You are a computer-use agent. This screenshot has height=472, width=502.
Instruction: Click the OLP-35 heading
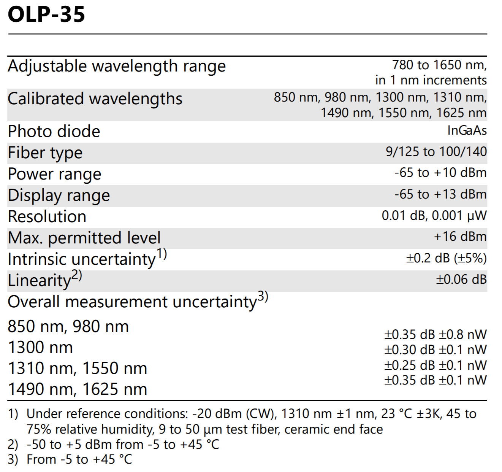pyautogui.click(x=46, y=14)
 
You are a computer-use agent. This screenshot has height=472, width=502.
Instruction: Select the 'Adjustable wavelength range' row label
pyautogui.click(x=117, y=67)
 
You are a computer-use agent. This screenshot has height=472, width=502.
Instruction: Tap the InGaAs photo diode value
pyautogui.click(x=467, y=130)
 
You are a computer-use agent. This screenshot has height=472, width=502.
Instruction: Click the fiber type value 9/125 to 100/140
pyautogui.click(x=436, y=152)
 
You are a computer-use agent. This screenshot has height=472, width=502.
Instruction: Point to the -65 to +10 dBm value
pyautogui.click(x=440, y=173)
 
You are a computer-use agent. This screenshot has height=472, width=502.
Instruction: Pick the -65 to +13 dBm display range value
pyautogui.click(x=440, y=194)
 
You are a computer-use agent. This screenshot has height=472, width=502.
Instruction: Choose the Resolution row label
pyautogui.click(x=47, y=217)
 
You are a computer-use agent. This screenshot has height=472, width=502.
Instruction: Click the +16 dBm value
pyautogui.click(x=460, y=237)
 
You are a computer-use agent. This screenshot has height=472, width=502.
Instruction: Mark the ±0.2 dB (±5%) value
pyautogui.click(x=447, y=258)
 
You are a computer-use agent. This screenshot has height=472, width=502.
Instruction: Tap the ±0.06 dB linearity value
pyautogui.click(x=461, y=280)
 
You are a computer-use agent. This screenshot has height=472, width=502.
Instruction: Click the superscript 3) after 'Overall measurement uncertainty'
pyautogui.click(x=263, y=297)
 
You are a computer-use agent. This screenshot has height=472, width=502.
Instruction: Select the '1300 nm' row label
pyautogui.click(x=40, y=347)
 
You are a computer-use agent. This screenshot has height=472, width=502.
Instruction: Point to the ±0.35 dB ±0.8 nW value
pyautogui.click(x=435, y=335)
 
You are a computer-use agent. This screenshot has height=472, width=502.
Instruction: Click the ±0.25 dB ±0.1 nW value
pyautogui.click(x=435, y=366)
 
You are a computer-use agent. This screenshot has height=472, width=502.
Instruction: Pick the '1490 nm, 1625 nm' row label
pyautogui.click(x=78, y=389)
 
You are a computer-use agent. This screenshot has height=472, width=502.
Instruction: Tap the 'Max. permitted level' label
pyautogui.click(x=84, y=238)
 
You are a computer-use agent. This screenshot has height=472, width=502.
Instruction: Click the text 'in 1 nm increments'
pyautogui.click(x=431, y=80)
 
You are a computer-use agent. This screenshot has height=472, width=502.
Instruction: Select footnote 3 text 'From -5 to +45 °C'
pyautogui.click(x=79, y=459)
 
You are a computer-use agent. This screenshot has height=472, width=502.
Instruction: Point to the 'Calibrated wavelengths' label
pyautogui.click(x=95, y=99)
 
